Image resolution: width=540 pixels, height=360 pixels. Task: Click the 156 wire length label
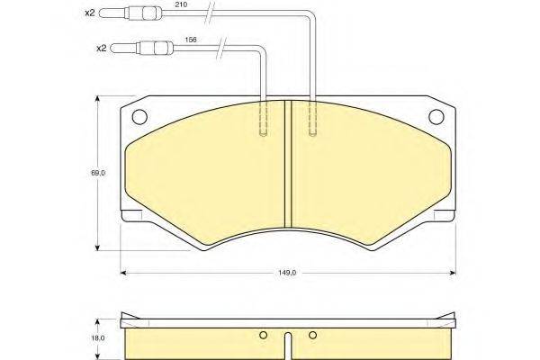pyautogui.click(x=191, y=40)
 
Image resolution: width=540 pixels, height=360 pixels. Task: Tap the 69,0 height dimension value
pyautogui.click(x=98, y=174)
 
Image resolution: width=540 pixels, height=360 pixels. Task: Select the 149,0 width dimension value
pyautogui.click(x=287, y=273)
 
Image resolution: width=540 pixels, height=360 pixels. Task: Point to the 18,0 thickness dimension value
pyautogui.click(x=98, y=338)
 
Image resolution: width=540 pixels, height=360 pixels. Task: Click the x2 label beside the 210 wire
pyautogui.click(x=89, y=13)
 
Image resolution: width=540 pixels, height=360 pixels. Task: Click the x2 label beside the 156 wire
pyautogui.click(x=101, y=49)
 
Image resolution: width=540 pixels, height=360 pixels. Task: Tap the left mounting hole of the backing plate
pyautogui.click(x=139, y=116)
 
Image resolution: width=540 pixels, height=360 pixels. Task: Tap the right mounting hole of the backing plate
pyautogui.click(x=436, y=116)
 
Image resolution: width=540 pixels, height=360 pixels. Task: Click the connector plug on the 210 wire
pyautogui.click(x=130, y=13)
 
